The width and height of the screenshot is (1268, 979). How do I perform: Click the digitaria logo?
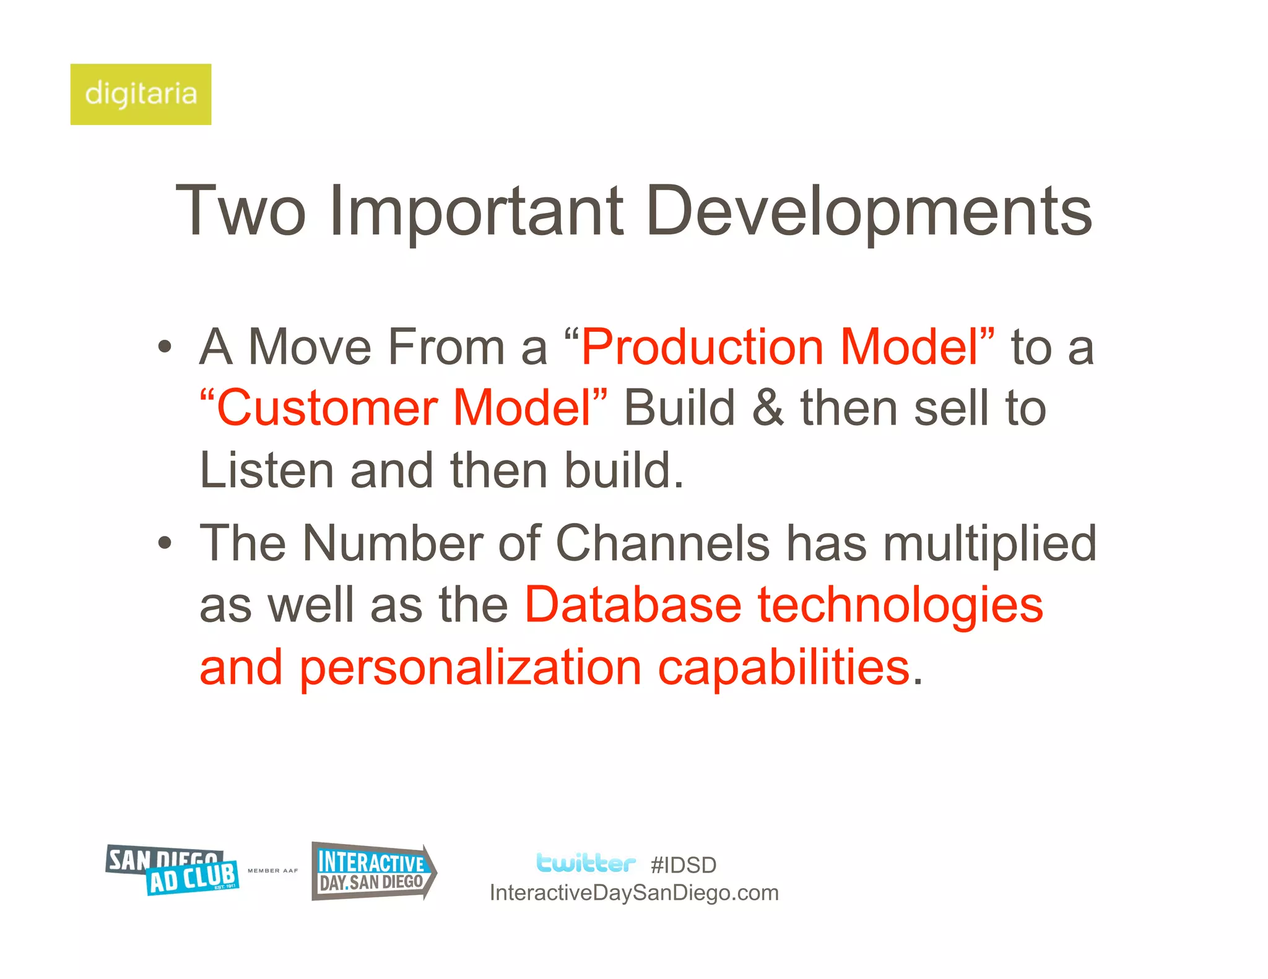click(141, 94)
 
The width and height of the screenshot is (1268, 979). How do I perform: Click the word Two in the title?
click(241, 211)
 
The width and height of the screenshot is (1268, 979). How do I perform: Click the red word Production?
click(702, 347)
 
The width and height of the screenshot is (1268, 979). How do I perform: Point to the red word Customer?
click(328, 408)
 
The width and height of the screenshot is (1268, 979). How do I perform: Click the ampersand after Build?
click(767, 408)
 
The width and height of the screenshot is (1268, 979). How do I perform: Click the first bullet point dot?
click(164, 347)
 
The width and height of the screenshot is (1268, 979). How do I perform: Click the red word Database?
click(633, 605)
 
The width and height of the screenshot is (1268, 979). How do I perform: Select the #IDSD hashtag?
click(684, 865)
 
